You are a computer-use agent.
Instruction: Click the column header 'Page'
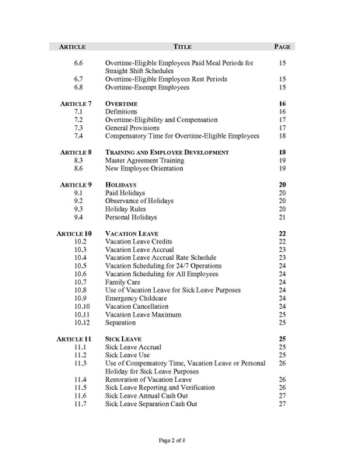282,47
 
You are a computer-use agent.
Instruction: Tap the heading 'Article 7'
75,103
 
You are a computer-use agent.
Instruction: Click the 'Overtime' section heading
121,103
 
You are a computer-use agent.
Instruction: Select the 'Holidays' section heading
122,184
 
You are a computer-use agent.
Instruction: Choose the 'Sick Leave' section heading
124,339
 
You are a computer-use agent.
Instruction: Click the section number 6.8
79,87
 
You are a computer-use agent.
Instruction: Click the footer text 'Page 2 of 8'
180,440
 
